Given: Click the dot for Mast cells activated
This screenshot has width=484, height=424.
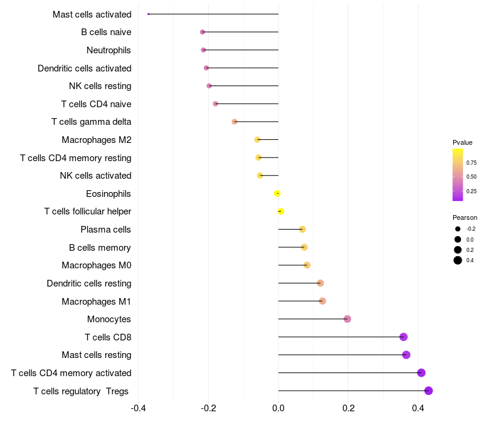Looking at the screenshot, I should coord(148,14).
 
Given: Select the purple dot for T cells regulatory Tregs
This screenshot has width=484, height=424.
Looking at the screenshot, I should coord(428,391).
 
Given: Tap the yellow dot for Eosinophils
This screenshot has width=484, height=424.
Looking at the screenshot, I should coord(277,193).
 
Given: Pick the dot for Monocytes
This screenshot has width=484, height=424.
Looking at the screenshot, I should coord(347,319).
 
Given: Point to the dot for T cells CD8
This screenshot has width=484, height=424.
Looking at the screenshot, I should coord(404,337).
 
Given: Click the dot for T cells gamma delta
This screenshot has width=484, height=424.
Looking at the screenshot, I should coord(235,122).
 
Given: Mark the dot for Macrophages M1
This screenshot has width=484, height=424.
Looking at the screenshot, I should coord(322,301).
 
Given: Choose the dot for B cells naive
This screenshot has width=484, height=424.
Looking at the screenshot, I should coord(203,32).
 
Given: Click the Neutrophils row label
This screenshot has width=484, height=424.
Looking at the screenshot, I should coord(109,50).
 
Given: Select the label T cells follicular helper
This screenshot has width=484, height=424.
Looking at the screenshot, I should coord(88,211).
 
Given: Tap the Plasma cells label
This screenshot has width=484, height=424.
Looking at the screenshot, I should coord(106,230).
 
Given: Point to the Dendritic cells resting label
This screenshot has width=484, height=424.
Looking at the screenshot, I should coord(89,283).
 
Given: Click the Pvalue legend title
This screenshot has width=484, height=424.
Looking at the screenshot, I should coord(463,142).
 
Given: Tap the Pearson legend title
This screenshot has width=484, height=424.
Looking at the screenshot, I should coord(465,217).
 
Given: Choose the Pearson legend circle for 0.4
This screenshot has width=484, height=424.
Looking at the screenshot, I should coord(458,260).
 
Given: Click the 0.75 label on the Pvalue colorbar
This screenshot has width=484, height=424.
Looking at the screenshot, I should coord(471,163).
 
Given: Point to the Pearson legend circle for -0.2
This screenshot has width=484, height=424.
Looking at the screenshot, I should coord(458,229).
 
